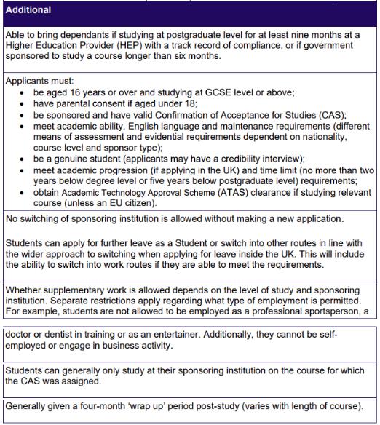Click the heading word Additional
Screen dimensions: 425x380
pyautogui.click(x=28, y=10)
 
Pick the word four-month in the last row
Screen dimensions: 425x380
pyautogui.click(x=101, y=405)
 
